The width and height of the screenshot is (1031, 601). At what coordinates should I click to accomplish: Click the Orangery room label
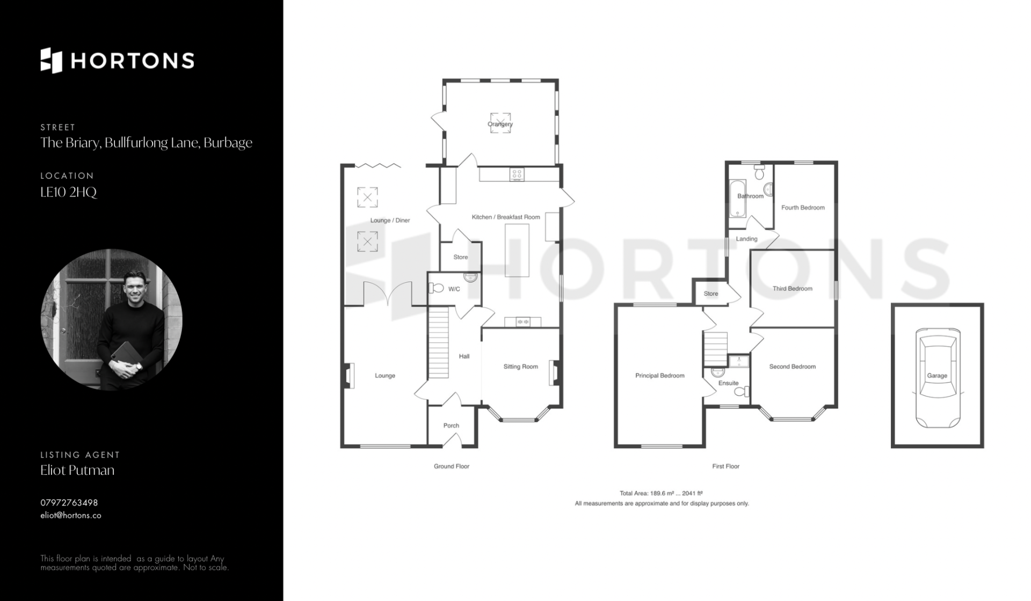tap(500, 124)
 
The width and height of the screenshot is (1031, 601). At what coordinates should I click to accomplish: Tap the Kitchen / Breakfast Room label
tap(506, 217)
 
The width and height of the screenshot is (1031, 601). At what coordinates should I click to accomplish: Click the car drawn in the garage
tap(937, 378)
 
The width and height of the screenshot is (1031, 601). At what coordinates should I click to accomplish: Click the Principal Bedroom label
tap(659, 376)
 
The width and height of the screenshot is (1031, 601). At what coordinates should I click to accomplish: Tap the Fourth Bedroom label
tap(803, 208)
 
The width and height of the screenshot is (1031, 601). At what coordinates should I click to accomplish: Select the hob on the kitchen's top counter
tap(517, 174)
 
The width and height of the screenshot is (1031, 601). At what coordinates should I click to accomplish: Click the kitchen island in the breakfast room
tap(517, 251)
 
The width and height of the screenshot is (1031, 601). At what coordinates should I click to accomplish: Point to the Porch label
tap(451, 426)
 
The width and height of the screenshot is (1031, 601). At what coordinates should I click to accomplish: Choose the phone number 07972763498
tap(69, 503)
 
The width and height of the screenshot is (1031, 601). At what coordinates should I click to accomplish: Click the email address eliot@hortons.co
tap(71, 515)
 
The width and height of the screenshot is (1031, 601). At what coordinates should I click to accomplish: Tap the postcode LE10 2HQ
tap(69, 192)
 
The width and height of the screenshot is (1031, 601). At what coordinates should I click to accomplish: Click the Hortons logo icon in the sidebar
tap(52, 60)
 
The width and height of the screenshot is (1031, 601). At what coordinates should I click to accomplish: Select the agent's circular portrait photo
tap(112, 319)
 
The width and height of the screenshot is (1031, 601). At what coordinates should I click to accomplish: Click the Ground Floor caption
tap(452, 466)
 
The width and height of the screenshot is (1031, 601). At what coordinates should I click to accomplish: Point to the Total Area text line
tap(661, 493)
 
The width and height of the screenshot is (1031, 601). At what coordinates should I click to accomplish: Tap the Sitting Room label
tap(520, 367)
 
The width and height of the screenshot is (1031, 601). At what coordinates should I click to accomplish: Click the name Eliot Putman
tap(77, 470)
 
